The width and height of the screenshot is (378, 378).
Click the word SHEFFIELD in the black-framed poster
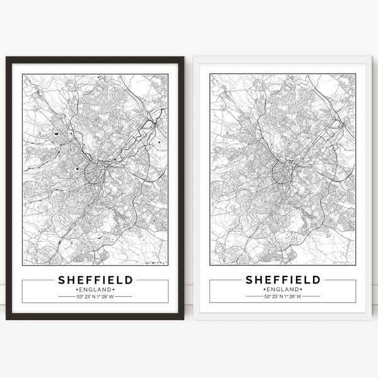(95, 279)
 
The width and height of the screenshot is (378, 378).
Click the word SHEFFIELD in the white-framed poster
(283, 279)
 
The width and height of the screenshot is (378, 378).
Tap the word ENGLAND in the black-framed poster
(95, 289)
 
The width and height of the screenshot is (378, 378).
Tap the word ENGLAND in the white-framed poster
(283, 289)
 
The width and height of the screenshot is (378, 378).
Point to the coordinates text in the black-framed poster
(95, 296)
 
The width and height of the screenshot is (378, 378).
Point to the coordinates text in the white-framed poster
(283, 296)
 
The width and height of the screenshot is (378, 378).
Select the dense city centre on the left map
(93, 170)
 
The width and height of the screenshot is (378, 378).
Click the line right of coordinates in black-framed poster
(124, 296)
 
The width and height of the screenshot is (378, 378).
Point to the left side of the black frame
(9, 189)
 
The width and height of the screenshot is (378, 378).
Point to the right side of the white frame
(369, 189)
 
